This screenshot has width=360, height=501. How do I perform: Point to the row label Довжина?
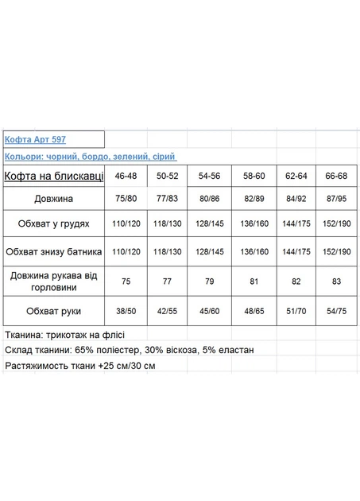point(54,198)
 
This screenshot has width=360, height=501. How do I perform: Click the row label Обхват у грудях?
point(54,224)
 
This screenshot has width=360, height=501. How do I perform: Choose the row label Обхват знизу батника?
point(54,251)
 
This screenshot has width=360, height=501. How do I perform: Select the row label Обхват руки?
point(54,309)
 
